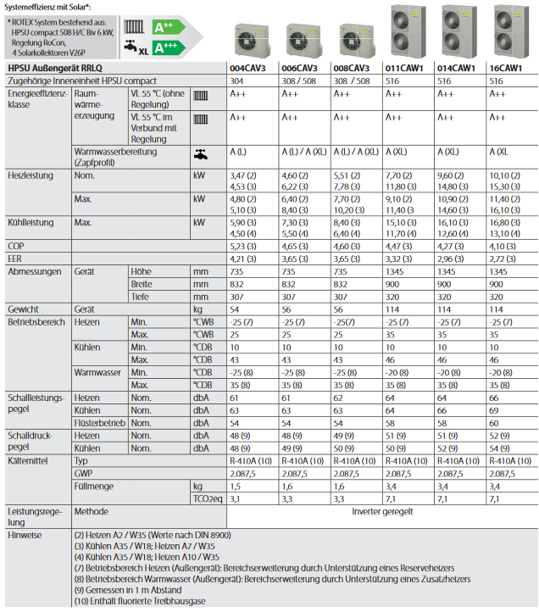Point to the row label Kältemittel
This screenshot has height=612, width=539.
(x=26, y=459)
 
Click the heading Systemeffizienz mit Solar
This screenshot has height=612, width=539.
(x=43, y=7)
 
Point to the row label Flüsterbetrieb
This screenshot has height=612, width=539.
(x=100, y=423)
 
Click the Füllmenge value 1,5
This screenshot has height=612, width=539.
(x=236, y=487)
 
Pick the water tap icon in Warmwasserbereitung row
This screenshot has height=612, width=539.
(x=200, y=155)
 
